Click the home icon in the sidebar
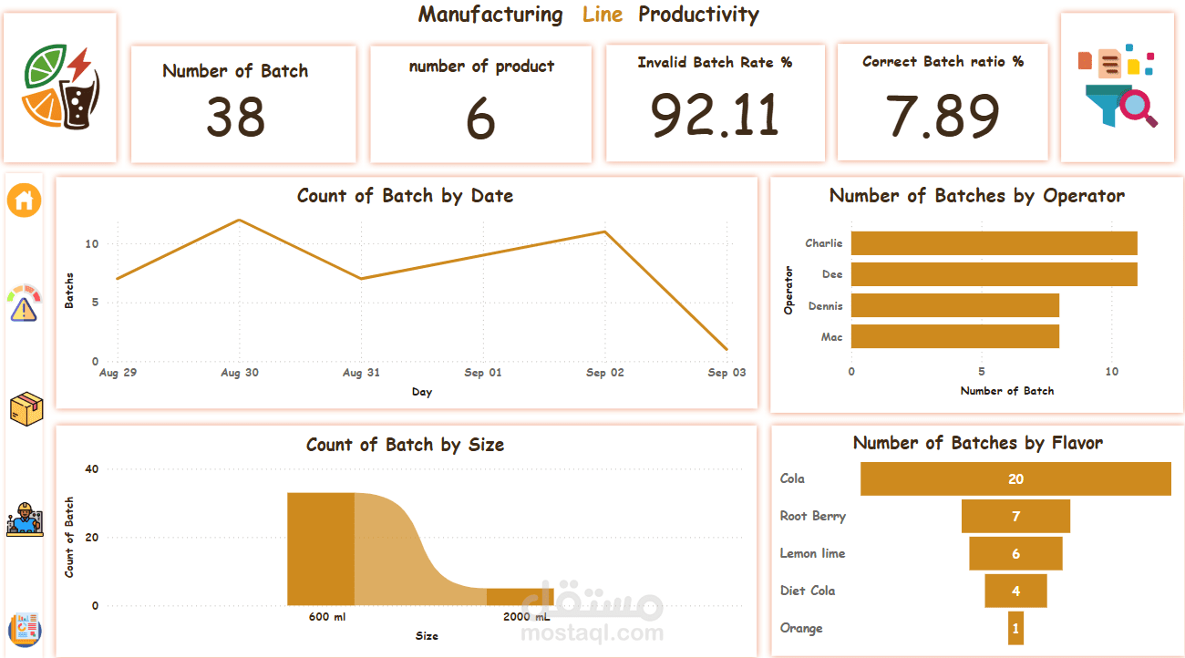tap(25, 200)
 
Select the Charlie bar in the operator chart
tap(994, 243)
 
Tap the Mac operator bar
tap(954, 337)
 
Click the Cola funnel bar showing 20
tap(1015, 479)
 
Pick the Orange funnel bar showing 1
tap(1015, 628)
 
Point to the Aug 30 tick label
tap(239, 373)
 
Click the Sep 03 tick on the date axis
tap(726, 373)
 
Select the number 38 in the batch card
tap(235, 118)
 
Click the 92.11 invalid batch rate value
tap(715, 115)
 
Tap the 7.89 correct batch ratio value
tap(943, 116)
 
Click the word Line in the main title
tap(603, 15)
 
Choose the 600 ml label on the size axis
tap(326, 617)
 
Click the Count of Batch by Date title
tap(405, 196)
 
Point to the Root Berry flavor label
tap(812, 516)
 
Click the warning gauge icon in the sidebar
tap(25, 303)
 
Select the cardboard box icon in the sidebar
tap(26, 409)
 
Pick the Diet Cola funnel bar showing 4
tap(1015, 591)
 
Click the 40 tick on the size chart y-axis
tap(91, 469)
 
